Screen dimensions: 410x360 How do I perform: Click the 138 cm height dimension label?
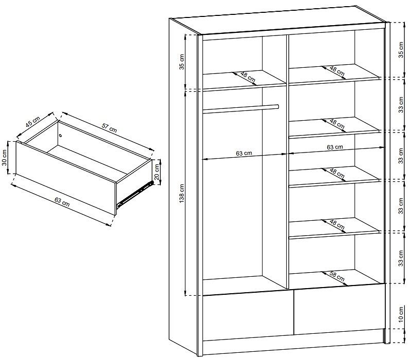click(182, 193)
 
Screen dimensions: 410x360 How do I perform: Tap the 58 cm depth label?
click(338, 277)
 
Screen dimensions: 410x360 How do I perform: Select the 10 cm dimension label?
click(401, 314)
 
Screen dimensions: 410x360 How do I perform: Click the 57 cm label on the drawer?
click(109, 127)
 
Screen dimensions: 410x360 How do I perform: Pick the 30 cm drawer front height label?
click(5, 158)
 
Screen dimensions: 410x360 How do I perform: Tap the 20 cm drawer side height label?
click(157, 172)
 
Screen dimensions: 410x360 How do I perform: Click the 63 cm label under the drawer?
click(62, 201)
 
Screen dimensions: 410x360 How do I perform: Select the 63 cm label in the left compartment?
click(244, 153)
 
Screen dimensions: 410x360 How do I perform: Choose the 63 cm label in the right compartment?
click(334, 147)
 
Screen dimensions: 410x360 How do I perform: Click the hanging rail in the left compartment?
click(241, 109)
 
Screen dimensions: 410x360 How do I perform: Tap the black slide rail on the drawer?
click(135, 194)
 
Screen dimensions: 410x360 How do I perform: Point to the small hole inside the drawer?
click(61, 136)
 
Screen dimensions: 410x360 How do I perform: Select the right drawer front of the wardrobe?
click(340, 309)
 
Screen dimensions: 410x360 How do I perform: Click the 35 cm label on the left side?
click(182, 62)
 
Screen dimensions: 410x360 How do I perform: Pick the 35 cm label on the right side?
click(401, 50)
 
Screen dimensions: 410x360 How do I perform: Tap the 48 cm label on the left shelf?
click(248, 77)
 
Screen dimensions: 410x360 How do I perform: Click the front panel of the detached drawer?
click(66, 178)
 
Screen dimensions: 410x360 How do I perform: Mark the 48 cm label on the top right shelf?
click(338, 71)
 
